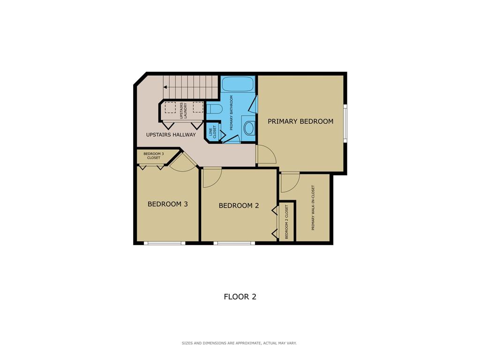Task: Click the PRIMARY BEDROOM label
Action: [x=300, y=121]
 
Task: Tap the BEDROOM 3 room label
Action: [x=167, y=204]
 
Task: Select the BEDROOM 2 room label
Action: [x=239, y=205]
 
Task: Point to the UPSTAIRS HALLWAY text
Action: [x=171, y=135]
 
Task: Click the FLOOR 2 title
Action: [x=240, y=297]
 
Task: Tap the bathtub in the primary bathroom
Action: [x=238, y=84]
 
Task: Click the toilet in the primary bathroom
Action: [x=214, y=109]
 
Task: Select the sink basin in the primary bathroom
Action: [x=249, y=128]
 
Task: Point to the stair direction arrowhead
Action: [x=165, y=87]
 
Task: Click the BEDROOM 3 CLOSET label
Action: [x=154, y=156]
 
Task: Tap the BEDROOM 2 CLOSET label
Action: [x=286, y=222]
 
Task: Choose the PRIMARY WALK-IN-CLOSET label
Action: [x=313, y=208]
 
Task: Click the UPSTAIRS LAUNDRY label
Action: [x=183, y=111]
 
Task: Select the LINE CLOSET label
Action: [x=213, y=131]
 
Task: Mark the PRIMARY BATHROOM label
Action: [x=232, y=112]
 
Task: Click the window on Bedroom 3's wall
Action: [x=165, y=243]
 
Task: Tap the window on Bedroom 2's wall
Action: [x=234, y=243]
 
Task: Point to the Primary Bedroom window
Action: [x=345, y=123]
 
